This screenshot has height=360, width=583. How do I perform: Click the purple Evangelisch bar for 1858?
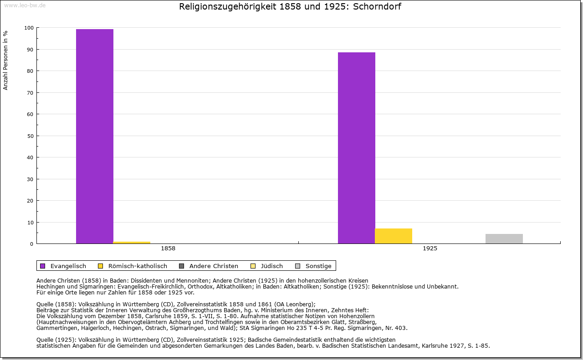(x=95, y=137)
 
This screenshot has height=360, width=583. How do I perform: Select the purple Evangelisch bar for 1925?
(x=357, y=148)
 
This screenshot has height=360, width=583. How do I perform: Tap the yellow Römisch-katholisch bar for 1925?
(x=394, y=236)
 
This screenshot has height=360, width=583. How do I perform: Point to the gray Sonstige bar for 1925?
(x=504, y=238)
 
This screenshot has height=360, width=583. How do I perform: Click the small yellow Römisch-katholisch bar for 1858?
(x=132, y=243)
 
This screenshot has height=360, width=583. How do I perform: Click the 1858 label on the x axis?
(x=168, y=249)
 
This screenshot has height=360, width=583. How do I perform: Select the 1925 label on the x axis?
(x=430, y=249)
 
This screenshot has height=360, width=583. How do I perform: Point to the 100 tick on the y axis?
(x=29, y=28)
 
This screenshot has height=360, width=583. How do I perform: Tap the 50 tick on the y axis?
(x=30, y=136)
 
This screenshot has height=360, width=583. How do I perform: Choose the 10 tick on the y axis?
(x=30, y=222)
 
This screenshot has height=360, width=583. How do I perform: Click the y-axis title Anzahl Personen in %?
(x=5, y=60)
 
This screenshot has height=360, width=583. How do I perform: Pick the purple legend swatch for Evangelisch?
(x=42, y=266)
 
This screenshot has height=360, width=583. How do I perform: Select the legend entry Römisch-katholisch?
(x=138, y=266)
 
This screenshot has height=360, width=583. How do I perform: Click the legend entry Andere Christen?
(x=214, y=266)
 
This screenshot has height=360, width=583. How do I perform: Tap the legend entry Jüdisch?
(x=271, y=266)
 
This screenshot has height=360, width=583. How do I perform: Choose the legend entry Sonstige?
(x=318, y=266)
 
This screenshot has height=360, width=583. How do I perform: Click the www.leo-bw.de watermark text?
(x=25, y=5)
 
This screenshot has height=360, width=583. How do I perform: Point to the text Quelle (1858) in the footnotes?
(x=56, y=304)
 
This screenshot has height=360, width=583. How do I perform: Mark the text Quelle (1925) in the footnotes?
(x=56, y=340)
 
